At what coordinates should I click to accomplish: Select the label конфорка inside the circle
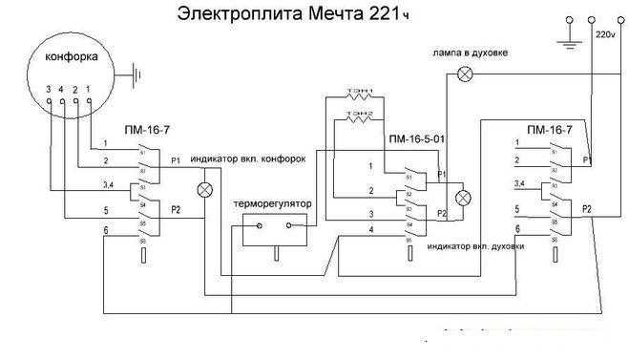[x=73, y=58]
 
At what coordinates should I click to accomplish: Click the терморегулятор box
[x=272, y=229]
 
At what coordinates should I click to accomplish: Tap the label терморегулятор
[x=270, y=204]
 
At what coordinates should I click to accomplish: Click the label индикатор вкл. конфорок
[x=248, y=159]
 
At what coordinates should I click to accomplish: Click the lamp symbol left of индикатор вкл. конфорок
[x=203, y=189]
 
